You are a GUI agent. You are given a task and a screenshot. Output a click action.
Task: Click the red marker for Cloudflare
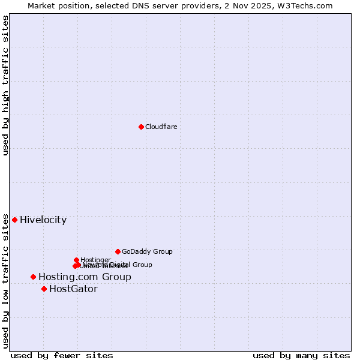141,127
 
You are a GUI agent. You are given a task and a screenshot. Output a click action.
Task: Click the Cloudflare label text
161,127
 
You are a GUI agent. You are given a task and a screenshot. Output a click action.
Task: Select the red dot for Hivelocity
14,220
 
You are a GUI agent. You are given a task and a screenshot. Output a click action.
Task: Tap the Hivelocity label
43,220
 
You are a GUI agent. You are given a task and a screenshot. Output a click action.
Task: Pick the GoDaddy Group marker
118,251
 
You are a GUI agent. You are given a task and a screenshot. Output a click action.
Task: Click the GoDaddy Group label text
147,251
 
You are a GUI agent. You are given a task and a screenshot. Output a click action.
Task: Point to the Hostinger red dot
76,260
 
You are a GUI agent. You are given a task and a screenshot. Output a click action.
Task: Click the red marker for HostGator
44,289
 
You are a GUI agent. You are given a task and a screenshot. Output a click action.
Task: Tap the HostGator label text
73,289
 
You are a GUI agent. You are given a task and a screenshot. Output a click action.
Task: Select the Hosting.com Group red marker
33,277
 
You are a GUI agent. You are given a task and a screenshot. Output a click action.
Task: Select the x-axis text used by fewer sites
62,355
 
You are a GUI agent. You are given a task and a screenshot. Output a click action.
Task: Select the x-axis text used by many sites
301,355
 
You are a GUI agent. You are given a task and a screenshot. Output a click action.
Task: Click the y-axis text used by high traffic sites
5,85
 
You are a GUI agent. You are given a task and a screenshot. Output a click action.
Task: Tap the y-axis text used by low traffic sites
5,281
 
